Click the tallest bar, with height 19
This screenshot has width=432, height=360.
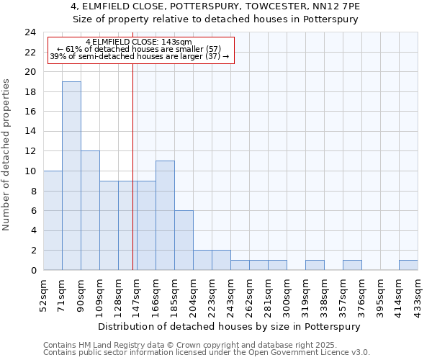[x=71, y=176]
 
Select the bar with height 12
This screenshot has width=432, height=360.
[x=90, y=210]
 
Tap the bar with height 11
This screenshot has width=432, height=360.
[x=165, y=215]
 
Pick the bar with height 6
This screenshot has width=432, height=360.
[x=184, y=240]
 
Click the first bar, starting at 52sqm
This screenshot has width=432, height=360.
[x=53, y=220]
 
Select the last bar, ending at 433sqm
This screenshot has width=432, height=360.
[x=408, y=265]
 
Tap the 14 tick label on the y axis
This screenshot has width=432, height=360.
[x=30, y=132]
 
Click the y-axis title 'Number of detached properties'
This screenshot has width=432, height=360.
[x=7, y=155]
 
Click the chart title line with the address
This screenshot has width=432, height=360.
[x=216, y=6]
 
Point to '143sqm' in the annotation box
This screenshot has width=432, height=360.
[x=176, y=42]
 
